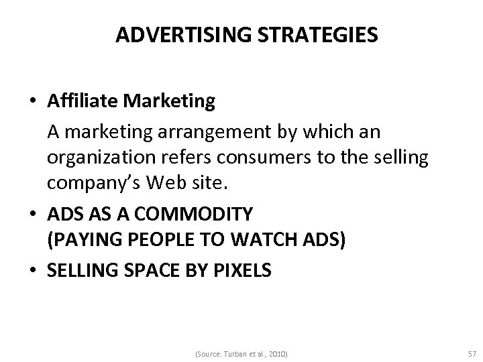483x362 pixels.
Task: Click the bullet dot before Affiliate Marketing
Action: tap(34, 102)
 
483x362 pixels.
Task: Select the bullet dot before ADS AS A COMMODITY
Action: tap(34, 215)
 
